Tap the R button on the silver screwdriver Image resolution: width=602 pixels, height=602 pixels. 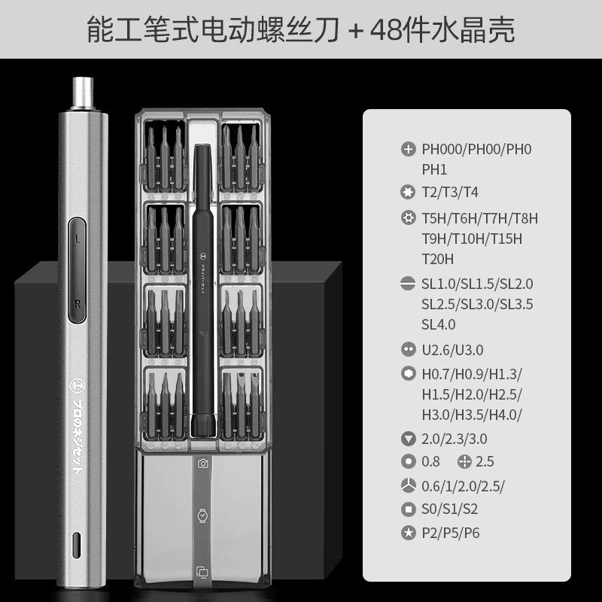click(x=78, y=301)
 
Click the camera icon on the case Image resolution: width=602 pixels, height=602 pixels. click(x=202, y=464)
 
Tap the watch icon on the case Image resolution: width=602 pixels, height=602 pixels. click(x=202, y=516)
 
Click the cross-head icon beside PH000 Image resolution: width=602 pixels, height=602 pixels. click(x=409, y=149)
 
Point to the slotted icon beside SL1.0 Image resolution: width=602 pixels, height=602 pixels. click(x=409, y=284)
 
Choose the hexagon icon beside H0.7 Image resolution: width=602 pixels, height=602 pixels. click(x=409, y=374)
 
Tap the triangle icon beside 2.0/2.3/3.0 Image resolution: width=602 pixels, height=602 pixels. click(x=409, y=439)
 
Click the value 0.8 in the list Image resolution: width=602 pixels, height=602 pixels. click(x=430, y=461)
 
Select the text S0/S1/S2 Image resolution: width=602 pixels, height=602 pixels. click(x=450, y=509)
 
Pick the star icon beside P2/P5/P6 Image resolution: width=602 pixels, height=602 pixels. click(x=409, y=533)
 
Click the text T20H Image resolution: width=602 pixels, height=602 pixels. click(x=438, y=260)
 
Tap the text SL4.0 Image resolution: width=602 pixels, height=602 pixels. click(x=439, y=324)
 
